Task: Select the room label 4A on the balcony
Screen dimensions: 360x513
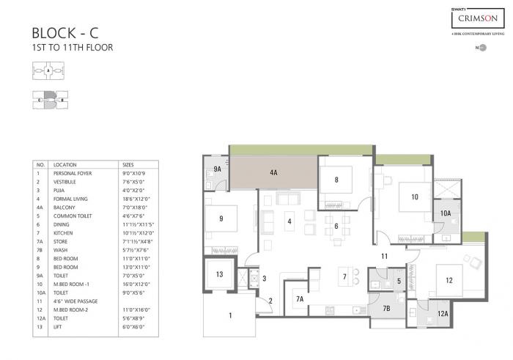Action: click(273, 172)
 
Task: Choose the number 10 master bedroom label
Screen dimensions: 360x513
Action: click(414, 196)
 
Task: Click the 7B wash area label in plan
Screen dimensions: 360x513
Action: click(385, 308)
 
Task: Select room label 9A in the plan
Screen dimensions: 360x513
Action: click(217, 169)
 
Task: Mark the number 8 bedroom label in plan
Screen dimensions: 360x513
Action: click(336, 179)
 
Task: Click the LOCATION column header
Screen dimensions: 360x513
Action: click(65, 166)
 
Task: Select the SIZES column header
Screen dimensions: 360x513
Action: click(128, 166)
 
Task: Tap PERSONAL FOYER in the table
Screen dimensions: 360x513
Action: click(73, 173)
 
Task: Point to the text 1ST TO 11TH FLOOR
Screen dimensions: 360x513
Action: click(73, 48)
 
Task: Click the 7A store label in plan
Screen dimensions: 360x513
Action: click(299, 298)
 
